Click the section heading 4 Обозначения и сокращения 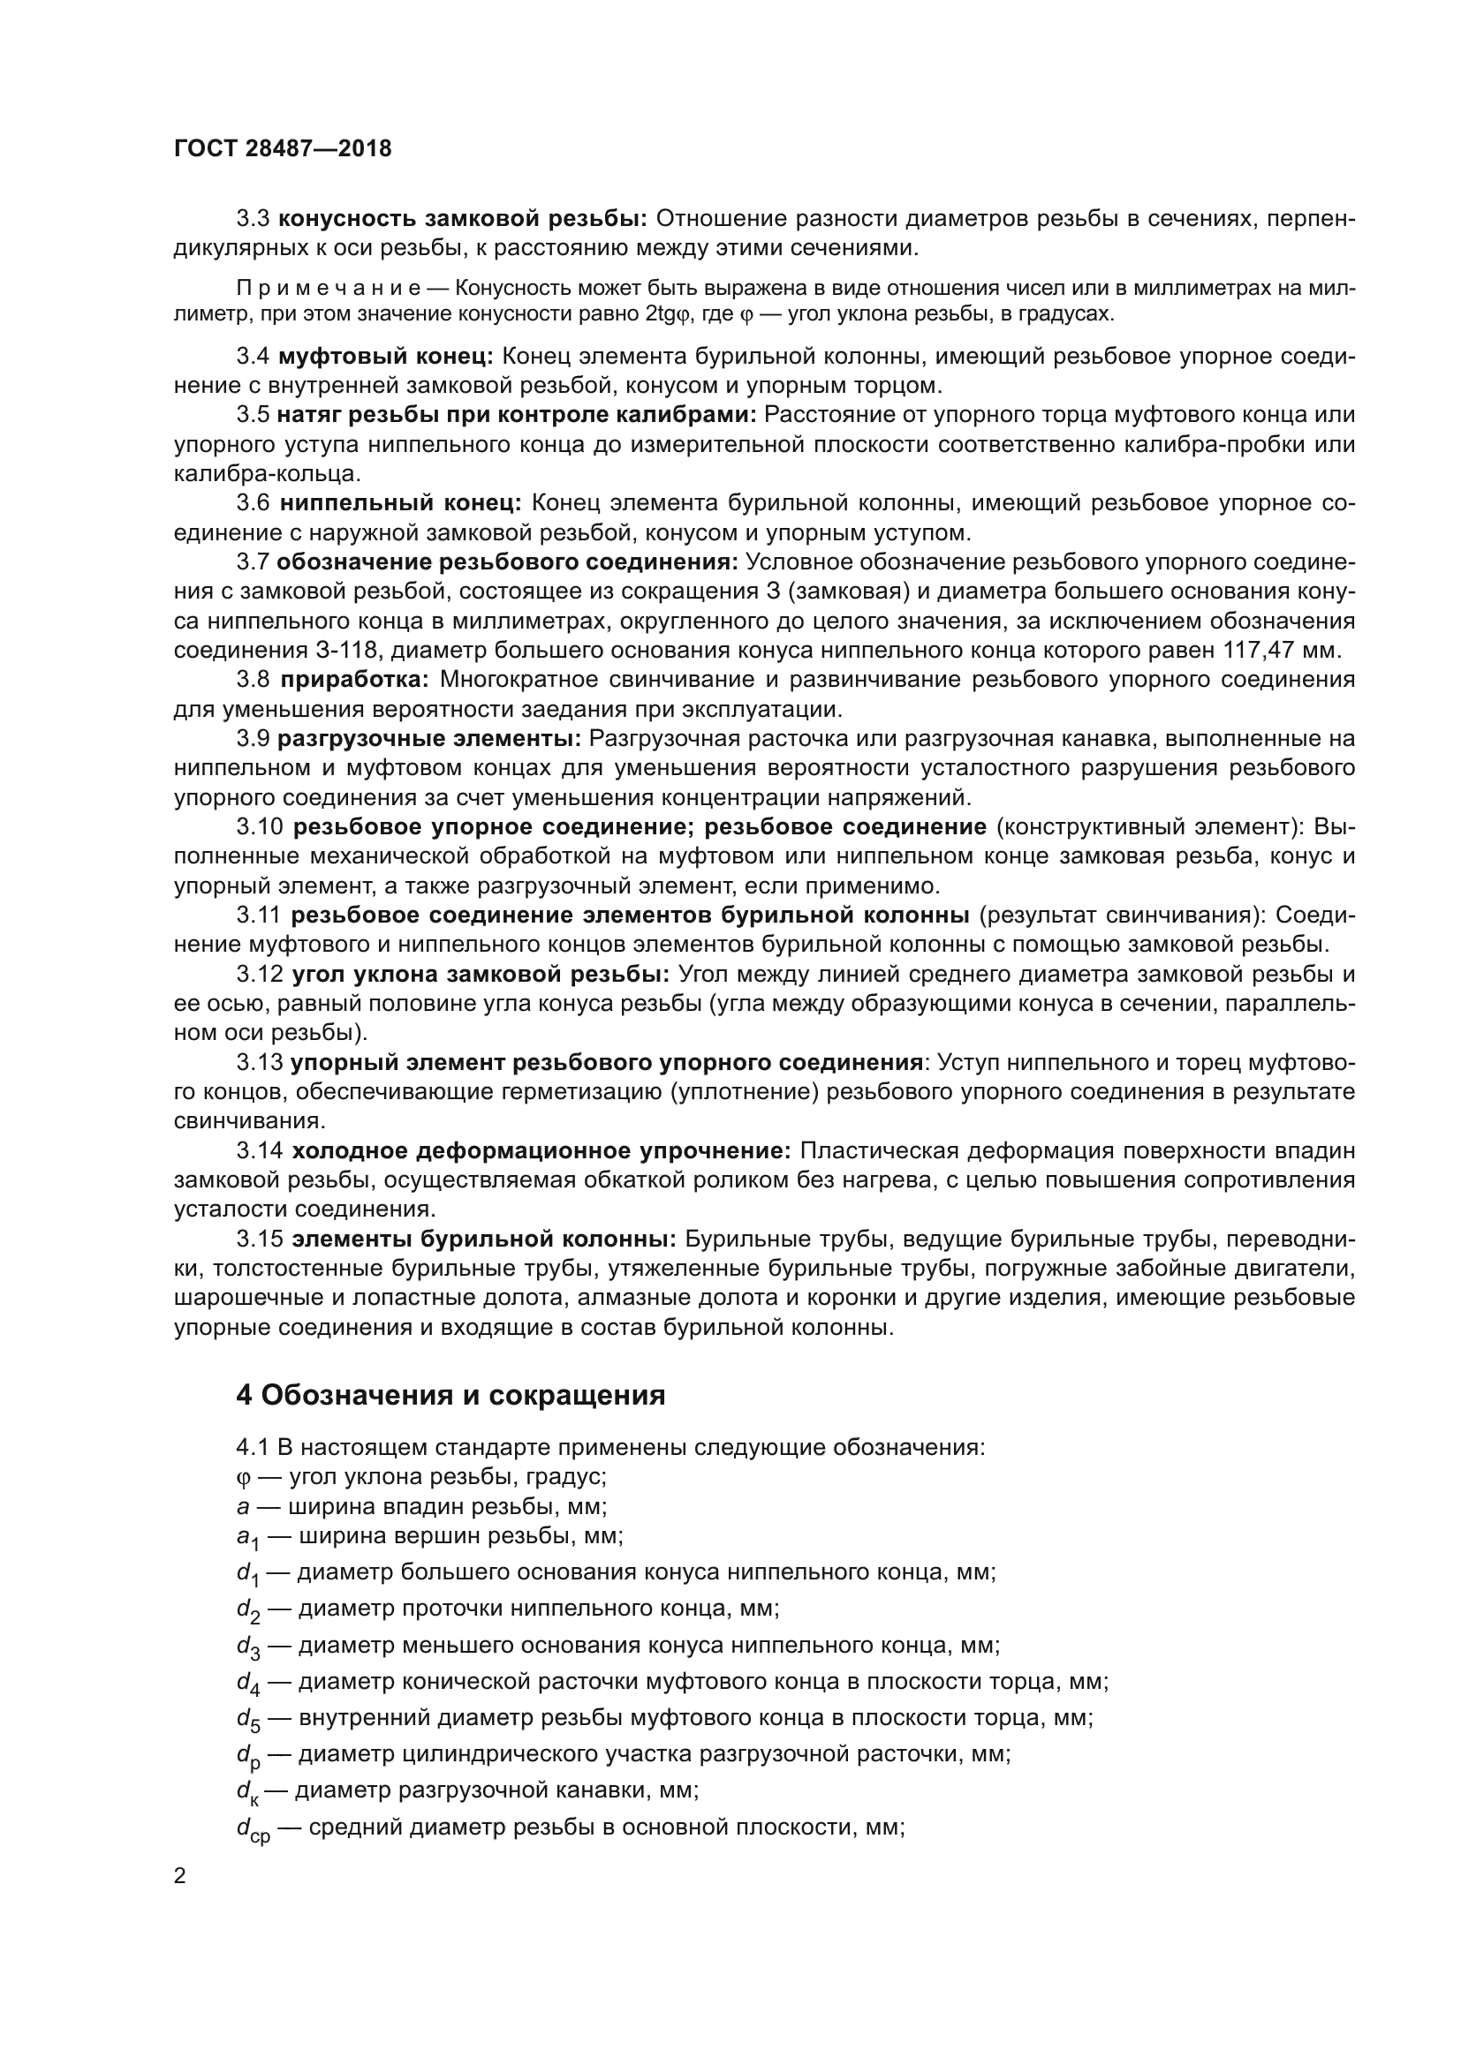450,1395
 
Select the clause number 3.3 253,219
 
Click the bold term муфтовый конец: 386,356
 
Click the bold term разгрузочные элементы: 429,738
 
